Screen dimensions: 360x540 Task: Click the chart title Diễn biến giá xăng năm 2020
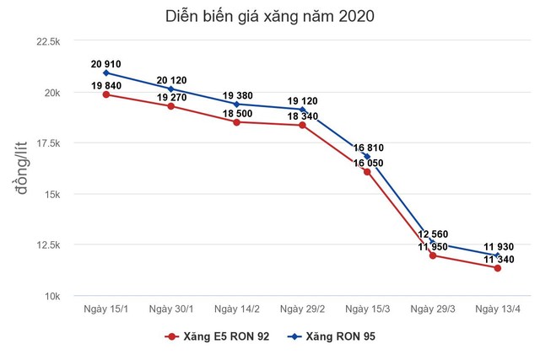(x=270, y=16)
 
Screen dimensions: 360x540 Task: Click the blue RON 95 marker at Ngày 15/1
(x=105, y=73)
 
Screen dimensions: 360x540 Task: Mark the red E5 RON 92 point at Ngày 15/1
(x=105, y=94)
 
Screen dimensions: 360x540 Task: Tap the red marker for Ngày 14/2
(x=236, y=122)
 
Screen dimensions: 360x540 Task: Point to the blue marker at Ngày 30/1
(x=171, y=89)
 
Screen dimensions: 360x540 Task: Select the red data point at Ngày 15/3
(x=367, y=172)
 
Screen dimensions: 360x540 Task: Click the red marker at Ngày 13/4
(x=498, y=268)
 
